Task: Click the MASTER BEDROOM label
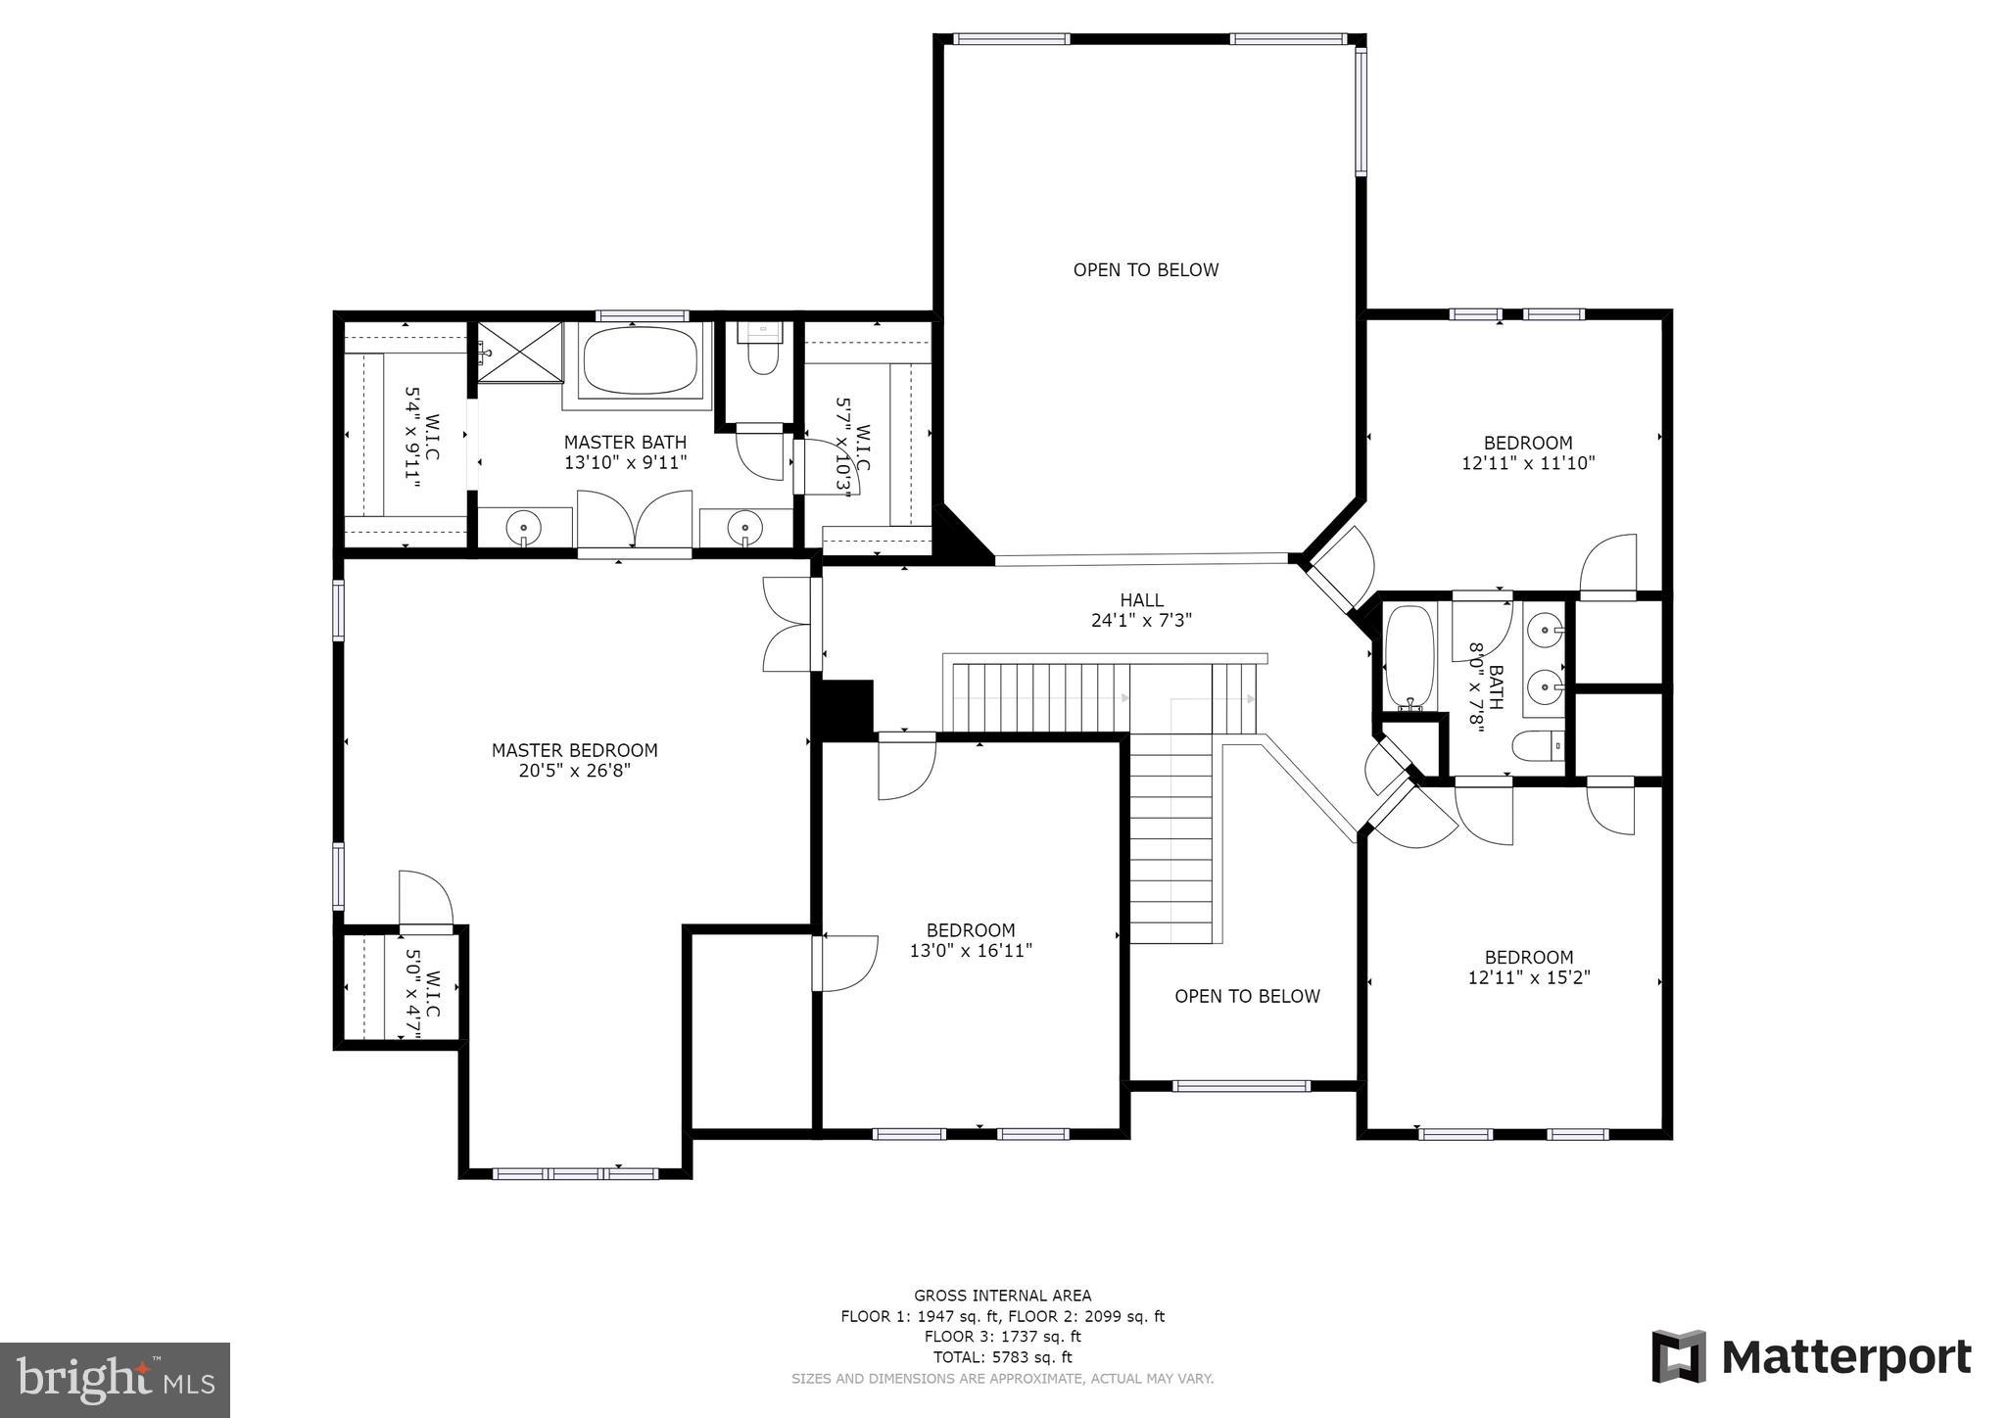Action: tap(574, 750)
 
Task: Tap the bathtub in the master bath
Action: tap(641, 360)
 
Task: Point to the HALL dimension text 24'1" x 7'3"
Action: tap(1141, 620)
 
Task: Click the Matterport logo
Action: tap(1811, 1357)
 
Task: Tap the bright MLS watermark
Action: tap(115, 1380)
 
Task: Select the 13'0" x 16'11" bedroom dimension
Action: tap(971, 950)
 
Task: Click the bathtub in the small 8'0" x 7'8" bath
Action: tap(1409, 657)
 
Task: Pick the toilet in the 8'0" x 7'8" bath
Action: tap(1537, 746)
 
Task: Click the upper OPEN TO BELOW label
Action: tap(1145, 270)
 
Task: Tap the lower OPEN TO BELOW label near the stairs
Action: tap(1247, 996)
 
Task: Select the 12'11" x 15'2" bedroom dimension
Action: tap(1528, 977)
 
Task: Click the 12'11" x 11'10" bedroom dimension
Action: tap(1528, 463)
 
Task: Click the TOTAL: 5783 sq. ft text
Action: tap(1002, 1357)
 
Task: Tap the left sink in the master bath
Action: tap(524, 529)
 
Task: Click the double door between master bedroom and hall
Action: tap(789, 624)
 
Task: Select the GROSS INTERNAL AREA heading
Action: tap(1002, 1296)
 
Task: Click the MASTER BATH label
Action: tap(625, 443)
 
